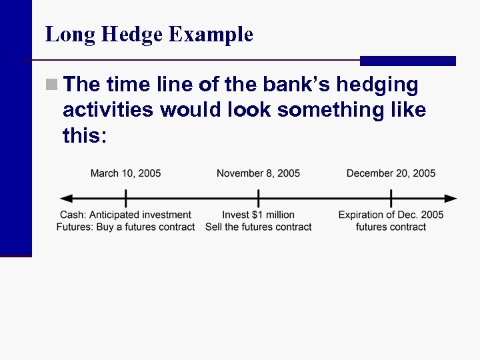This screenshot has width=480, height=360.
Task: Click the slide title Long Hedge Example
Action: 149,34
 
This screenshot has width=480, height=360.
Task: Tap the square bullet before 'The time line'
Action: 51,85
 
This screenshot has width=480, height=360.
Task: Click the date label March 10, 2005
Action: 125,173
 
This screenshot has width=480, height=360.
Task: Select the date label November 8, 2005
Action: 258,173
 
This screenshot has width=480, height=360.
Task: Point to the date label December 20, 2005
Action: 391,173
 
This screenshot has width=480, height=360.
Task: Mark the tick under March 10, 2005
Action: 125,198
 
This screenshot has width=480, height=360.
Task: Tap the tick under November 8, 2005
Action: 259,198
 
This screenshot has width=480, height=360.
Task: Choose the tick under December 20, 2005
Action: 391,198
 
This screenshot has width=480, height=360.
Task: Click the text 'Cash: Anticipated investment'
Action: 125,215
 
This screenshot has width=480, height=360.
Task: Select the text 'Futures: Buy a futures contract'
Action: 125,227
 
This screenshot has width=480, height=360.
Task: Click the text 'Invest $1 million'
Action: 258,215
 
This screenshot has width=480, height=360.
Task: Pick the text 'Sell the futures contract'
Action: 258,227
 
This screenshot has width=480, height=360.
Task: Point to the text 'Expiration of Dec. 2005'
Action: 391,215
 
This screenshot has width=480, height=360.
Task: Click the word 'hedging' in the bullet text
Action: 377,85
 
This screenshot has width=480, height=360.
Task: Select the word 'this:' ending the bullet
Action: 84,135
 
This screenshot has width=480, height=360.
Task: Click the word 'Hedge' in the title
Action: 134,34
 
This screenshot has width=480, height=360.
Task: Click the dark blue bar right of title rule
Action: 407,61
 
